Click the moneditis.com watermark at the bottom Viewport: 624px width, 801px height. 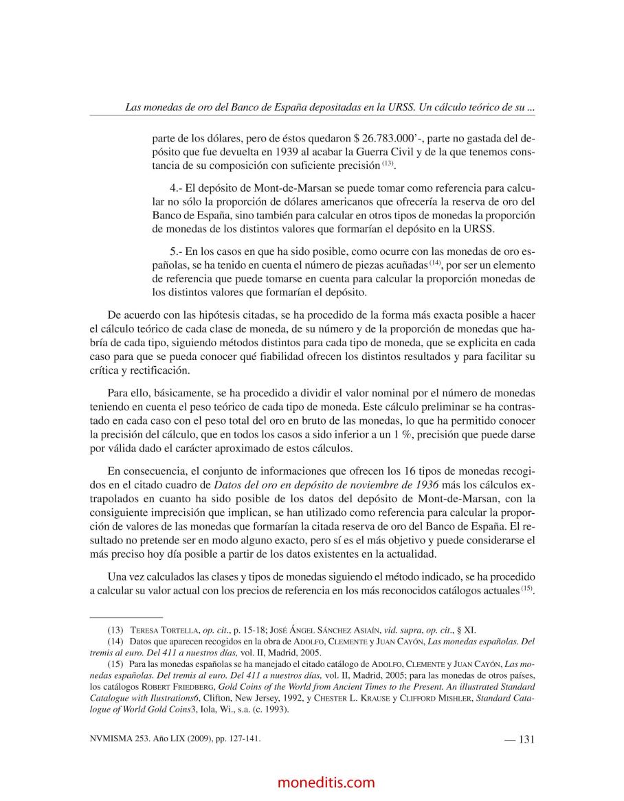point(326,782)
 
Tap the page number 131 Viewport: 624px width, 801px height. point(526,739)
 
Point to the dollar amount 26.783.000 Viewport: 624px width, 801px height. point(389,138)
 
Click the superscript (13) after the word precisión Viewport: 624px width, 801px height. point(388,163)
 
